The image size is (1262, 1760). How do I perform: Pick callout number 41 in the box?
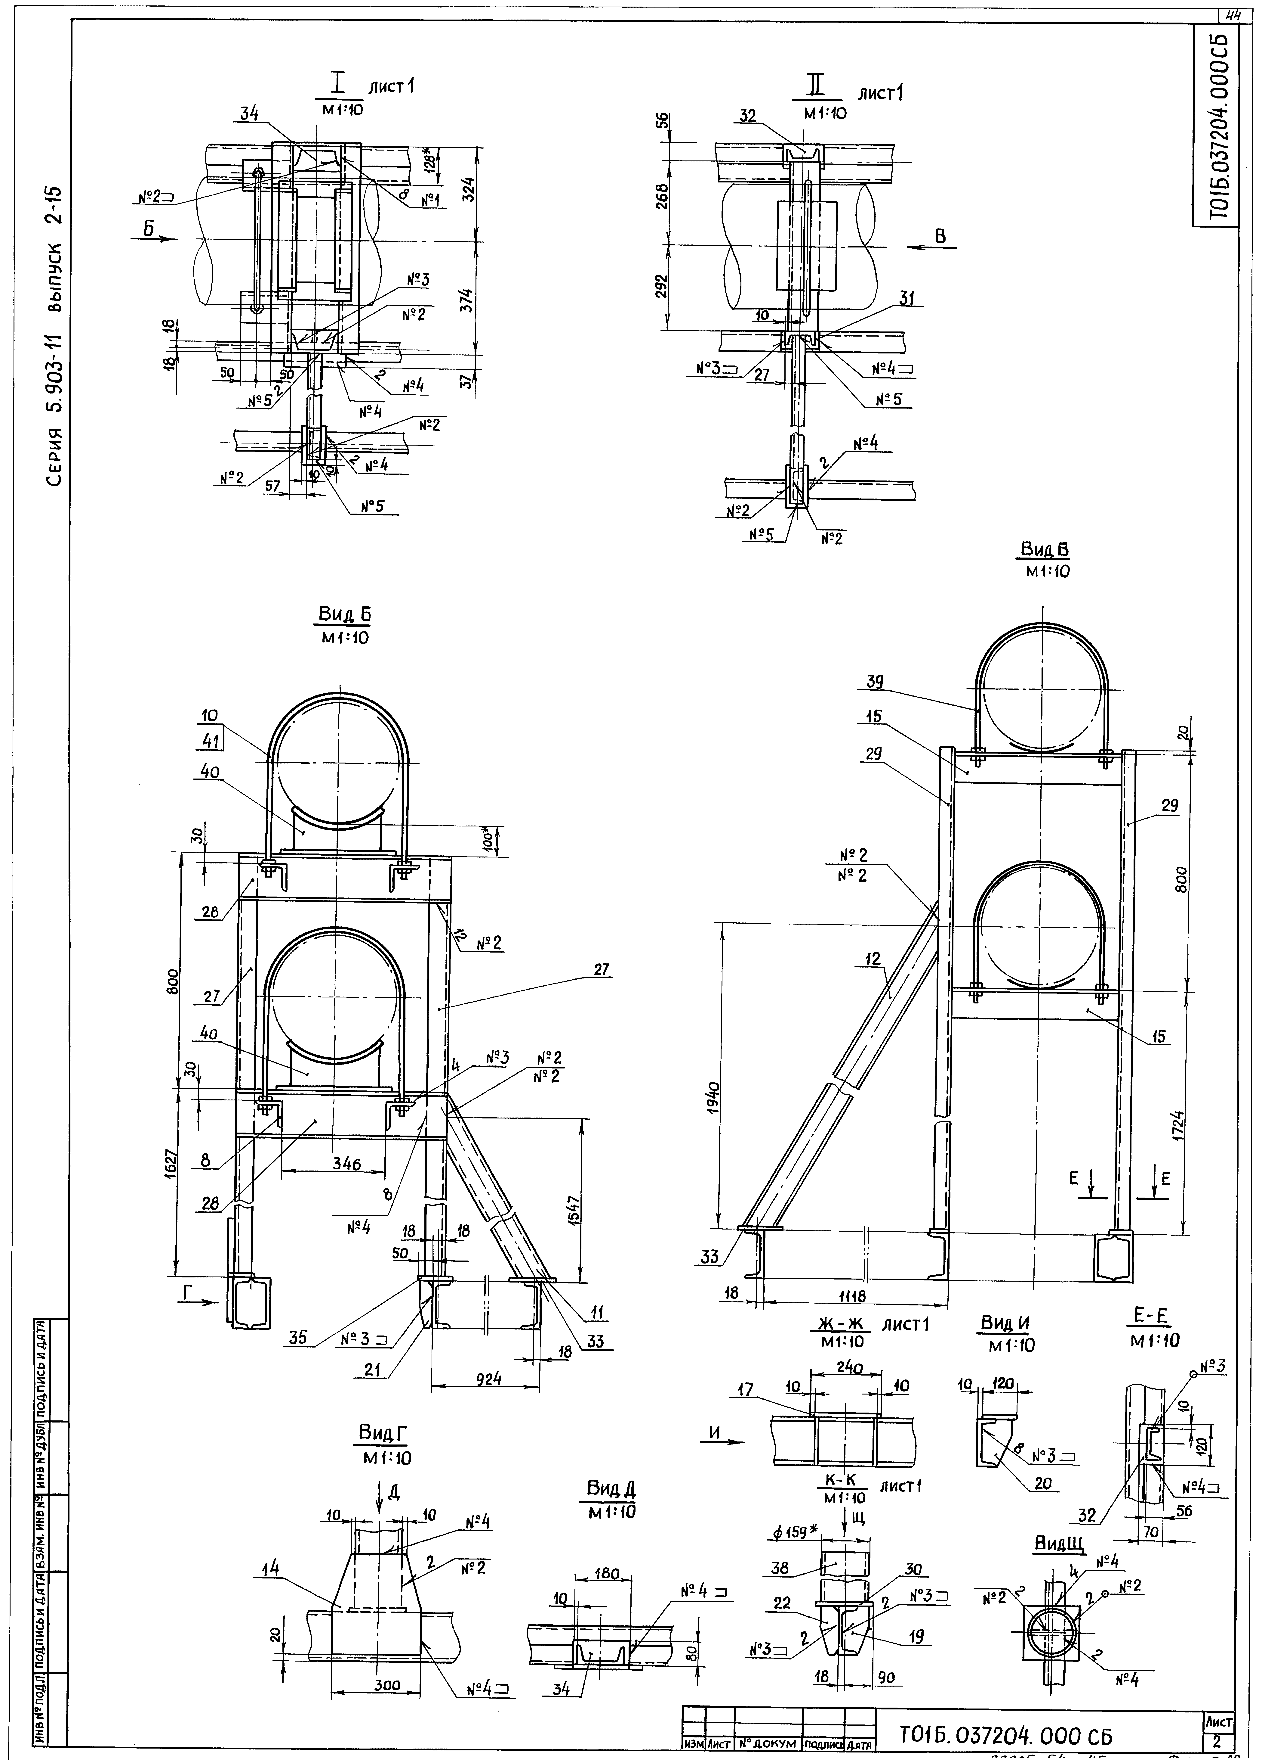[209, 741]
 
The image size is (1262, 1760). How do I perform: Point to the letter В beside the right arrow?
[940, 237]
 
